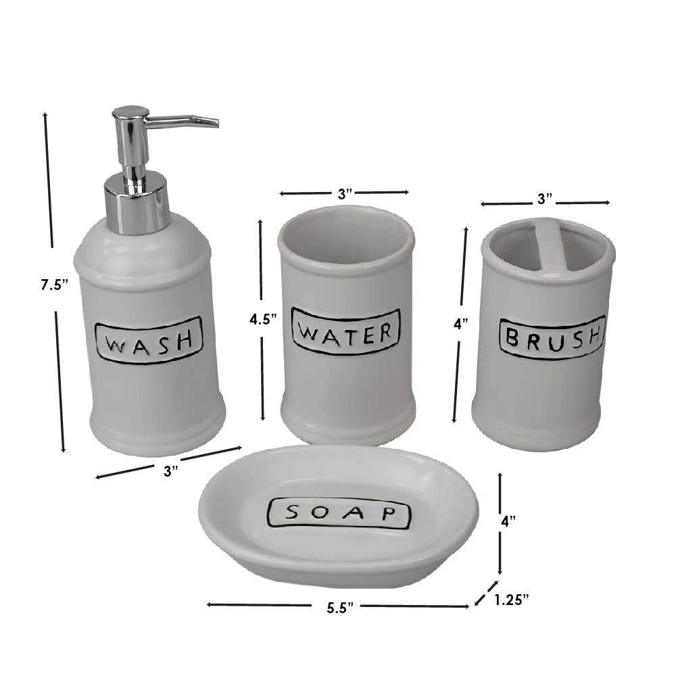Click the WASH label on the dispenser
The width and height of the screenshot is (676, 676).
pyautogui.click(x=148, y=340)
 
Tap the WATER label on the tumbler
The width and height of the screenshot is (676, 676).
pyautogui.click(x=346, y=331)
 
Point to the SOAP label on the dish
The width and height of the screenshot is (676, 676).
pyautogui.click(x=340, y=513)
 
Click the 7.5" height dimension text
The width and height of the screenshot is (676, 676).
pyautogui.click(x=55, y=285)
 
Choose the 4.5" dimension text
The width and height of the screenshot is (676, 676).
pyautogui.click(x=263, y=320)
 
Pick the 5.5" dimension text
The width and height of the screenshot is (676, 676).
pyautogui.click(x=340, y=608)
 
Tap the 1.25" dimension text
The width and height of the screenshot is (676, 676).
pyautogui.click(x=511, y=600)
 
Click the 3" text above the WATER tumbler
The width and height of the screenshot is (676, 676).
pyautogui.click(x=345, y=194)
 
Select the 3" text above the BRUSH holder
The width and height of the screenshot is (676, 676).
pyautogui.click(x=545, y=199)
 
